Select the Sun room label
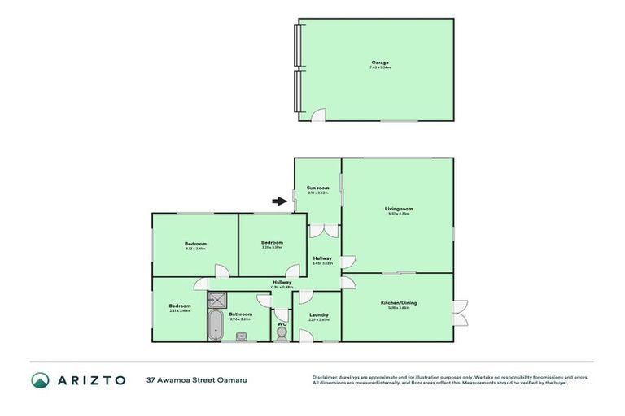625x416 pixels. pyautogui.click(x=317, y=188)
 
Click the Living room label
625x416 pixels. pyautogui.click(x=398, y=209)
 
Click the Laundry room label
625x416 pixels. pyautogui.click(x=318, y=314)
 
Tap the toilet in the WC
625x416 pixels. pyautogui.click(x=282, y=333)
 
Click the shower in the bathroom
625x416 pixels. pyautogui.click(x=217, y=299)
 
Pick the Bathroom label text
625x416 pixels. pyautogui.click(x=240, y=314)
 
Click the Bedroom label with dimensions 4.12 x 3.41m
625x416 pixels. pyautogui.click(x=194, y=244)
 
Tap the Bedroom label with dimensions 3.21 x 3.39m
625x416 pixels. pyautogui.click(x=272, y=243)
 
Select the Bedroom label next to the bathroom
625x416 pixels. pyautogui.click(x=179, y=305)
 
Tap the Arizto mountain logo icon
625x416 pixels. pyautogui.click(x=41, y=379)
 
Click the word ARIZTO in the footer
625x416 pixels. pyautogui.click(x=91, y=379)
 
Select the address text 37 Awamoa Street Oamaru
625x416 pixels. pyautogui.click(x=189, y=379)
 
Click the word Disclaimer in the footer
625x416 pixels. pyautogui.click(x=327, y=377)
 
